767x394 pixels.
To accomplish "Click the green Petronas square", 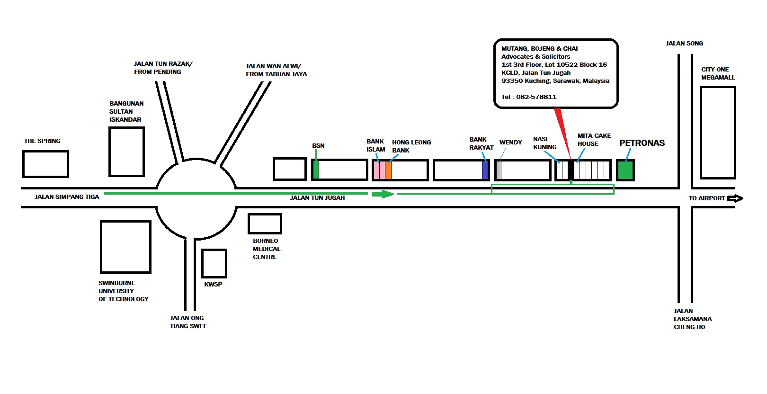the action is [x=625, y=170].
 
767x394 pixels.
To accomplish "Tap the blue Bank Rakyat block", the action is [x=485, y=170].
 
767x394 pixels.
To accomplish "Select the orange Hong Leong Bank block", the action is [x=388, y=170].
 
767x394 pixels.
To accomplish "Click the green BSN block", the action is [x=316, y=170].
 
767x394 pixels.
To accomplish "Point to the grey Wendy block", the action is [x=499, y=170].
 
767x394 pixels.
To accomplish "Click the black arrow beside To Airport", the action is [x=735, y=198].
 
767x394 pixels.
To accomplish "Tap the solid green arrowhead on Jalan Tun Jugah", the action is [x=383, y=194].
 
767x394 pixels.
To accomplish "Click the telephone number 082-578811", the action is [x=536, y=97].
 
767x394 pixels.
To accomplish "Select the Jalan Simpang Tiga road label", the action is [x=67, y=197].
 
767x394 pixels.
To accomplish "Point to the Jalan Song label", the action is [x=684, y=44].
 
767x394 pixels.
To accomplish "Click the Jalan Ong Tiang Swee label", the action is [x=188, y=322].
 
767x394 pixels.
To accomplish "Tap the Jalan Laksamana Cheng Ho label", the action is [x=692, y=319].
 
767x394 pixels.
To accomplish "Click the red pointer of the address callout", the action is [x=562, y=134].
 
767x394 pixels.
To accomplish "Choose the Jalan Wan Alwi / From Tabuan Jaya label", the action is [x=276, y=70].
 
